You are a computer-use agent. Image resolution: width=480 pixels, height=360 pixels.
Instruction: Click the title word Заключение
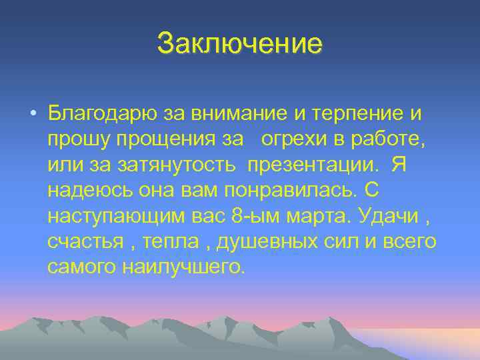(x=239, y=44)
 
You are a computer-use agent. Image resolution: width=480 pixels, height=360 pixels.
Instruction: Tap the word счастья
(x=83, y=241)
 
